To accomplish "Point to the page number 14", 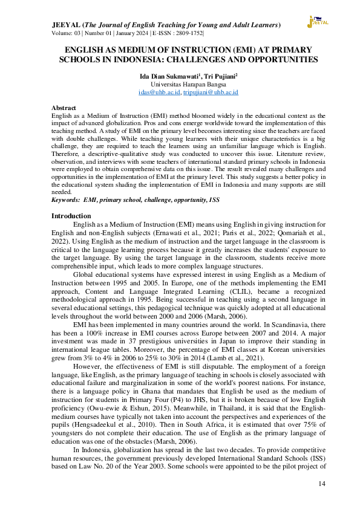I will point(322,484).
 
